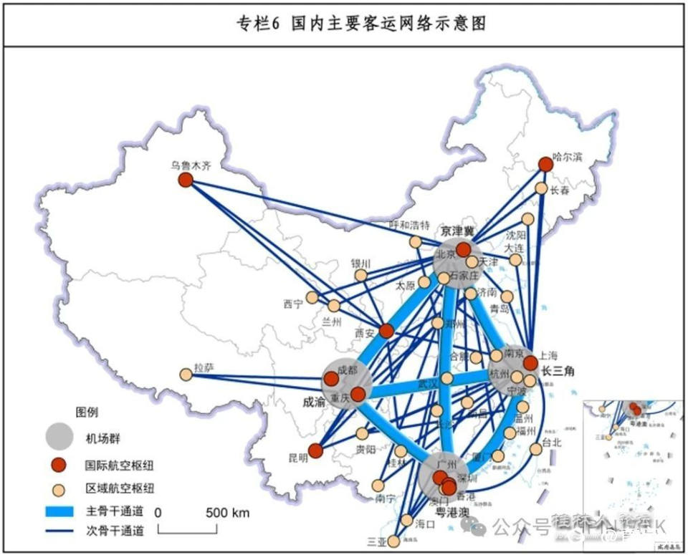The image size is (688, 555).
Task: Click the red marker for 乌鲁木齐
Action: (186, 181)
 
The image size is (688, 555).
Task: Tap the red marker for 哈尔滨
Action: (545, 165)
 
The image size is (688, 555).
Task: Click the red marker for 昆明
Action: (315, 451)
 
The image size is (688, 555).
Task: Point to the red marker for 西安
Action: (386, 331)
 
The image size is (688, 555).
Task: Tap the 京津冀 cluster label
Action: (458, 231)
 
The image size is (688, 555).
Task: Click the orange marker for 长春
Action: (542, 188)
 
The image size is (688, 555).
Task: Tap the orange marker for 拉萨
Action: (186, 374)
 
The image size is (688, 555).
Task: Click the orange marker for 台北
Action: (535, 449)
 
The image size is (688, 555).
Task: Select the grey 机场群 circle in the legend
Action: (59, 435)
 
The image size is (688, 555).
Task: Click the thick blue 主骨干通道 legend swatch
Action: (63, 511)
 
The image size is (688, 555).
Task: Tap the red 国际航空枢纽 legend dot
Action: (59, 466)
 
